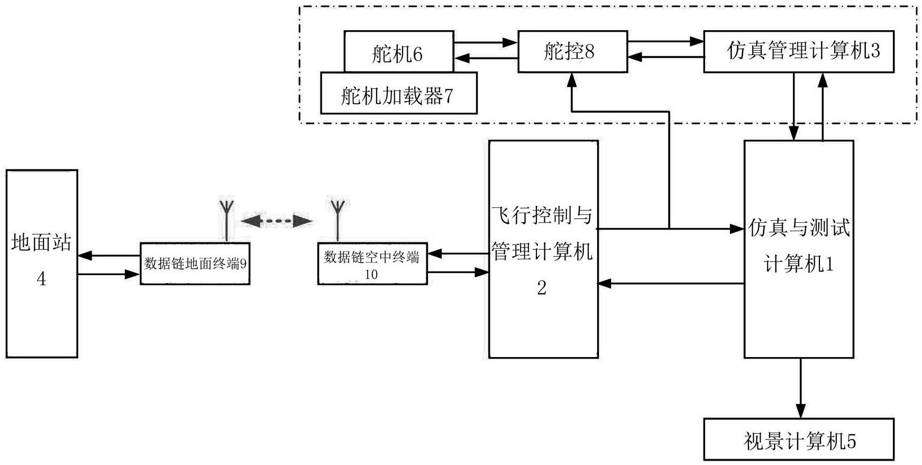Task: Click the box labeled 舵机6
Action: point(398,52)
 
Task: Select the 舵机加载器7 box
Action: point(398,95)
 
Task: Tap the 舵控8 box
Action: point(572,51)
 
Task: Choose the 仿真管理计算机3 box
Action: point(798,51)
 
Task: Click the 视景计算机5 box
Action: point(798,440)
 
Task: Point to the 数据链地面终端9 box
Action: point(195,263)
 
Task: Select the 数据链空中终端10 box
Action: point(372,263)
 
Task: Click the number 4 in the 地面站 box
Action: point(41,279)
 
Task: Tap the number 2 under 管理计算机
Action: point(542,288)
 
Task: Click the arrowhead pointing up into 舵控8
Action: point(571,80)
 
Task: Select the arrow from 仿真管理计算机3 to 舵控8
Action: point(665,57)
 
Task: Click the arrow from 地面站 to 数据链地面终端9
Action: point(108,274)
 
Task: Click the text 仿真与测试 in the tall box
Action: point(799,228)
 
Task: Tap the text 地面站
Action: point(41,243)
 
